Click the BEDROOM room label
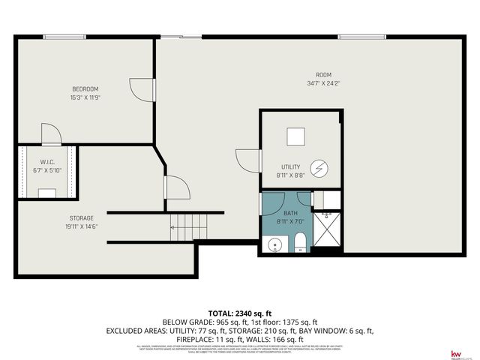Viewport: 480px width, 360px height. [x=85, y=89]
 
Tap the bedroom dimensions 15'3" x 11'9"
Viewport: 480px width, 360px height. [x=85, y=97]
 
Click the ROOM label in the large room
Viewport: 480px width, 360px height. [x=323, y=74]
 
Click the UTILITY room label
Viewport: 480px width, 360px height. [x=290, y=166]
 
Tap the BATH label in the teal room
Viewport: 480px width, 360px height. [x=290, y=214]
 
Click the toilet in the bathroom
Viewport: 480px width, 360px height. [x=300, y=242]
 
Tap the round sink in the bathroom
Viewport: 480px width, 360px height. [x=274, y=244]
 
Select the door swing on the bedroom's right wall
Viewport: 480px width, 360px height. [x=142, y=88]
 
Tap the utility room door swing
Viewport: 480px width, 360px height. [x=247, y=160]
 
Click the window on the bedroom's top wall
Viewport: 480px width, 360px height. [x=64, y=36]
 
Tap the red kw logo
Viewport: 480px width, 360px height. [x=454, y=352]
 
